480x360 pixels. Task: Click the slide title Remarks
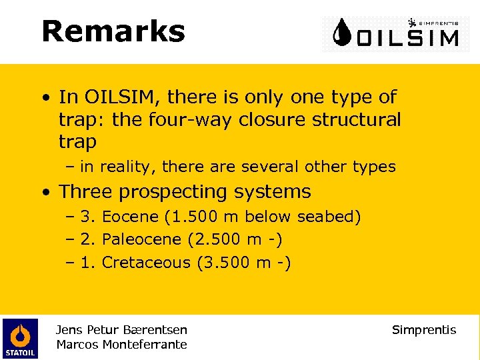pos(113,31)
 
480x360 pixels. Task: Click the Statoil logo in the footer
pos(20,338)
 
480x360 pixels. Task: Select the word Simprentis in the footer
pos(424,330)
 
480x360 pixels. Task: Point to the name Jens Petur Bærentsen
pos(121,330)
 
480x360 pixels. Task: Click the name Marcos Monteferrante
pos(121,345)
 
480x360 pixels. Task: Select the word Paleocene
pos(141,239)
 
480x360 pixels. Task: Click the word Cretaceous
pos(146,262)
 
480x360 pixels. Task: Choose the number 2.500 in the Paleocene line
pos(218,239)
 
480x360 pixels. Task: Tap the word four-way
pos(194,120)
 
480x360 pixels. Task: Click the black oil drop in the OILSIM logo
pos(343,33)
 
